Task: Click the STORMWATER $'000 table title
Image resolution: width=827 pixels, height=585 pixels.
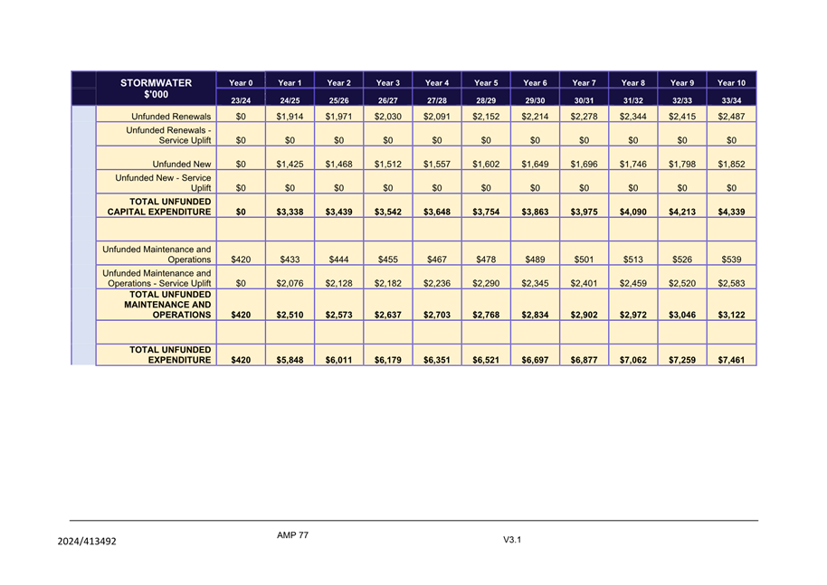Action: point(156,89)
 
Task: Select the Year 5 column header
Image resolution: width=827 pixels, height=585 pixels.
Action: point(486,83)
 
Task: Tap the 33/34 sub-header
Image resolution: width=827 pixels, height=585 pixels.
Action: point(731,99)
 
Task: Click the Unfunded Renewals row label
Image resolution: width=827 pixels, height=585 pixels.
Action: point(171,117)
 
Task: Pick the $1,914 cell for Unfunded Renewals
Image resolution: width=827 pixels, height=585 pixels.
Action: point(290,117)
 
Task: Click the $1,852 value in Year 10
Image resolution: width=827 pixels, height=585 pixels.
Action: point(731,164)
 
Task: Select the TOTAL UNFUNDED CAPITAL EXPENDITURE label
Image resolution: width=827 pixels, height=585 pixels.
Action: point(159,206)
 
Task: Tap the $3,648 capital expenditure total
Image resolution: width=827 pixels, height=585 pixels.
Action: point(437,212)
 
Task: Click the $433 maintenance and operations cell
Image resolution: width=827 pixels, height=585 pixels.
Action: point(290,259)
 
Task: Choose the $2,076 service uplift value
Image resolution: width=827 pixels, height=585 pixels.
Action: point(290,283)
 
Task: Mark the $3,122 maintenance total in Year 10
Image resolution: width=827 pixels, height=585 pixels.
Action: point(731,315)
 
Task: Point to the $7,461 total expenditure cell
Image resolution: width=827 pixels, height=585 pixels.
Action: point(731,360)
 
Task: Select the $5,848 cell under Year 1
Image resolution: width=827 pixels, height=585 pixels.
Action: point(290,360)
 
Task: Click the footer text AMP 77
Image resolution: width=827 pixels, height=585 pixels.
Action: point(292,535)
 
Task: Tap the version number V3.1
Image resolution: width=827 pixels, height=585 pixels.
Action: point(513,540)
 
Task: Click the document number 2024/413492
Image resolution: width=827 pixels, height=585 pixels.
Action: point(86,542)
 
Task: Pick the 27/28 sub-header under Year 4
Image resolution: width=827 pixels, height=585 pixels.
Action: point(437,99)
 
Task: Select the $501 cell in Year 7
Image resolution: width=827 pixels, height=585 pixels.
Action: point(584,259)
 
